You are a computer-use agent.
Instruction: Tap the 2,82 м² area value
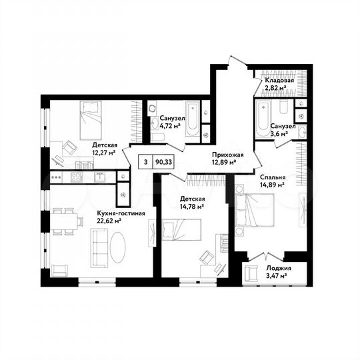coord(276,87)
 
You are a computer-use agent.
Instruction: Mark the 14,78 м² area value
coord(192,207)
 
